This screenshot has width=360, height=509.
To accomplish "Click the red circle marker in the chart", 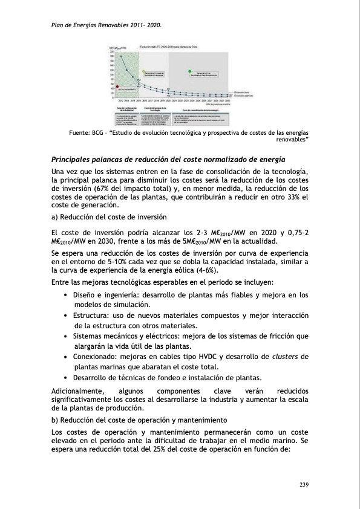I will tap(117, 86).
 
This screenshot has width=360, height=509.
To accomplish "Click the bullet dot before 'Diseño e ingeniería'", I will tap(65, 296).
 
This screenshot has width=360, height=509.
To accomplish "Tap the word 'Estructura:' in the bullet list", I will tap(91, 316).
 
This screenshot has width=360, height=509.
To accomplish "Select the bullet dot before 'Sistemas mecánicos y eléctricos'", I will tap(65, 336).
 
